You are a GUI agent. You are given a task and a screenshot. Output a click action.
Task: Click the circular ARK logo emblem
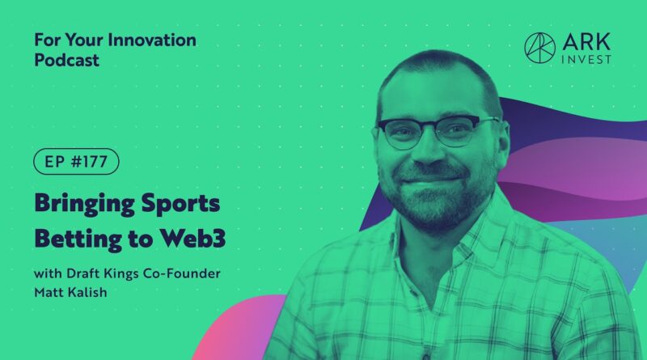[x=539, y=48]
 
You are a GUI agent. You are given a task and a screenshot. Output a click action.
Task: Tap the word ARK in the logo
[x=586, y=43]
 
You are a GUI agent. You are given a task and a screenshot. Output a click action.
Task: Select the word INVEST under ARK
[x=586, y=59]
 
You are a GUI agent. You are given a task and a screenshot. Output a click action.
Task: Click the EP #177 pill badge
[x=76, y=162]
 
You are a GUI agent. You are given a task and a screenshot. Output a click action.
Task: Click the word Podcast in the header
[x=67, y=61]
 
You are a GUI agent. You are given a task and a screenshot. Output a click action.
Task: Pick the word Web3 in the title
[x=192, y=238]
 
